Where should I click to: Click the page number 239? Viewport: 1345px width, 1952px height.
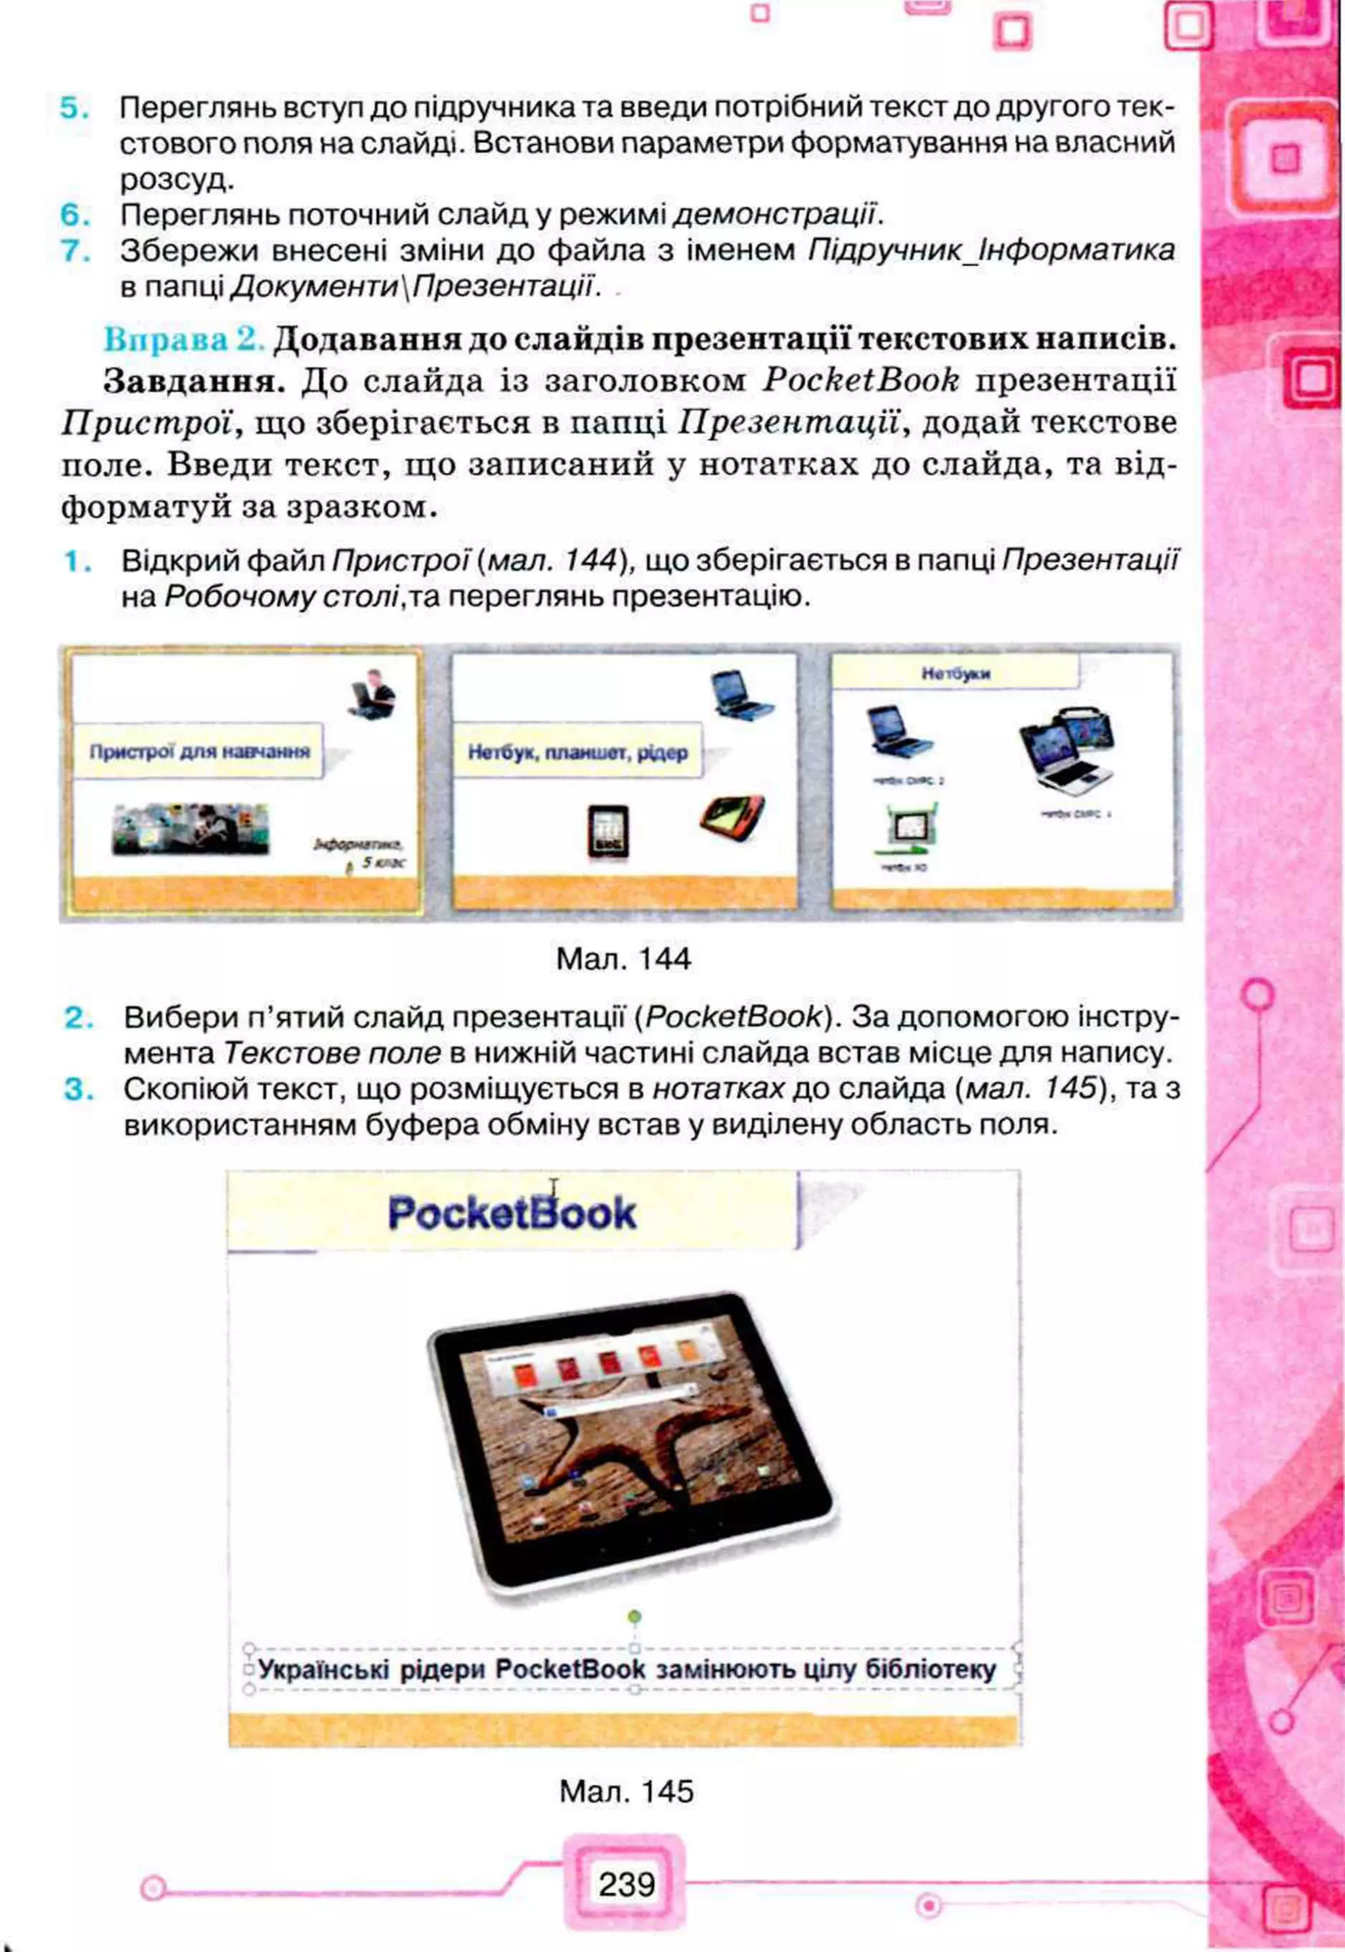626,1883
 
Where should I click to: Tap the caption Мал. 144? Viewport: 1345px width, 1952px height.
624,959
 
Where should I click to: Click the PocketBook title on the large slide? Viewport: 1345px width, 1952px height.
512,1213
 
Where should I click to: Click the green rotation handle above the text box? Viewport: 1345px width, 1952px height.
634,1616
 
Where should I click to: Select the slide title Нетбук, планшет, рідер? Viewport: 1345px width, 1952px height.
578,752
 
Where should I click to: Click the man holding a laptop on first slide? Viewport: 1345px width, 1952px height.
371,693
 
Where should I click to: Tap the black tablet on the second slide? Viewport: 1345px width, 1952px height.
607,833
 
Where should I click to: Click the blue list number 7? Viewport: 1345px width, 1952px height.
74,251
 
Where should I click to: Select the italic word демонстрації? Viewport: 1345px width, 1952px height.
776,215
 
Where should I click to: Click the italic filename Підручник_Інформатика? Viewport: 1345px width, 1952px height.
991,250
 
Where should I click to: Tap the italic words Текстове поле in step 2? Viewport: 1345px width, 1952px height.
332,1053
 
